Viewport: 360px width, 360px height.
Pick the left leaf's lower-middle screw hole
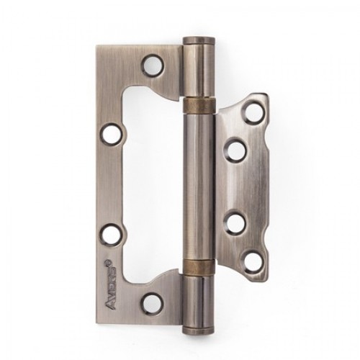(109, 232)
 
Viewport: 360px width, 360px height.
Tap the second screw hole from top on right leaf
(233, 149)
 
